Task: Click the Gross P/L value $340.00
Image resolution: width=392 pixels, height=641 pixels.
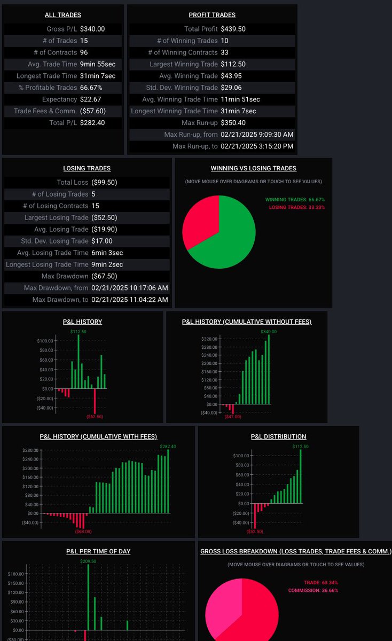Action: (92, 29)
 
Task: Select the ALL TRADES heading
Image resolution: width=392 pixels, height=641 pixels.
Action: (63, 15)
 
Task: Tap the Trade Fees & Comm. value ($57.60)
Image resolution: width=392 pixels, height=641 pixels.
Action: (93, 111)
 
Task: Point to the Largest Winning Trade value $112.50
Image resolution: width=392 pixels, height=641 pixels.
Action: (233, 64)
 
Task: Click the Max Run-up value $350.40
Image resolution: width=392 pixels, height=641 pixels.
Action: (233, 123)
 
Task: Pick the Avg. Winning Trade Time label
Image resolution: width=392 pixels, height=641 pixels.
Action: (180, 99)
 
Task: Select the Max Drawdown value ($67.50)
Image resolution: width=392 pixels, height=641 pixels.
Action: (104, 276)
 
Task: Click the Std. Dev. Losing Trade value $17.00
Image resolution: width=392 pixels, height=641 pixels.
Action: (102, 241)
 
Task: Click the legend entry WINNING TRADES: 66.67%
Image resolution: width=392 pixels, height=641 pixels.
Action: (295, 199)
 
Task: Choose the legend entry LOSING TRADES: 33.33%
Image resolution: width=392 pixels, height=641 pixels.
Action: (297, 207)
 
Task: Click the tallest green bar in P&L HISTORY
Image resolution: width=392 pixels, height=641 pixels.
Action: (79, 362)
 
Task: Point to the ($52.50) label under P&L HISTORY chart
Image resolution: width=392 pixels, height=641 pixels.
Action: (95, 417)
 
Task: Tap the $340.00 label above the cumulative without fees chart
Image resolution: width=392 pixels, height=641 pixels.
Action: (269, 332)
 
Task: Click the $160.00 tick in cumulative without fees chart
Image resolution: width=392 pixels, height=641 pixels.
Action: (209, 372)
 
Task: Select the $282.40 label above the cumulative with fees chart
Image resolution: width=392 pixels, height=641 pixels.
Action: (168, 447)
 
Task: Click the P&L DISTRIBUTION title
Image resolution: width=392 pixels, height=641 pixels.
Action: (278, 436)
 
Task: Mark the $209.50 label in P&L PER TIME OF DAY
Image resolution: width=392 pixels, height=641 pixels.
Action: (88, 561)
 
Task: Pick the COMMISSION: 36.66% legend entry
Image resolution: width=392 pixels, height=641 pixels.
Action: (313, 590)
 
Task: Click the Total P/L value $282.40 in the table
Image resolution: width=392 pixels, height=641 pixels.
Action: (92, 123)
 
